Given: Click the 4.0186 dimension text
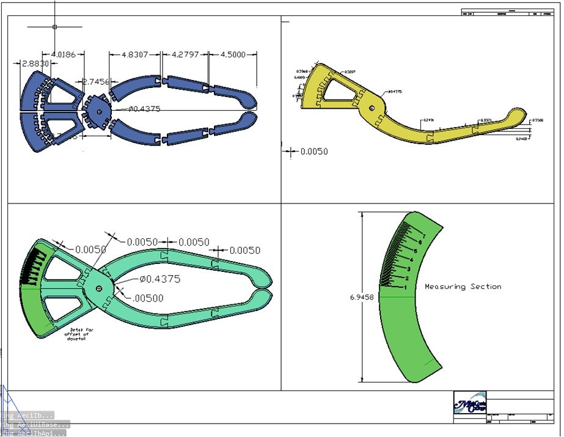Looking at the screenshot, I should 64,55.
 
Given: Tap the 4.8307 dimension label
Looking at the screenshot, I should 135,54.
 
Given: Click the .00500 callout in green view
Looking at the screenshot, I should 146,298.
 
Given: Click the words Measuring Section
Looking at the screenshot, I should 463,287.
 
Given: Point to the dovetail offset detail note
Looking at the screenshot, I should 76,335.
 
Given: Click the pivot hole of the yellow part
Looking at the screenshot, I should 372,108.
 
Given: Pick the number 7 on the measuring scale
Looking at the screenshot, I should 423,235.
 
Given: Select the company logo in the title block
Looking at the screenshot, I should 469,404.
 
